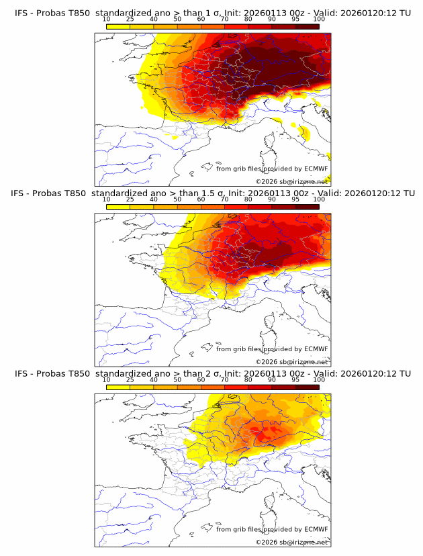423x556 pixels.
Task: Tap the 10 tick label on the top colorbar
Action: pos(107,19)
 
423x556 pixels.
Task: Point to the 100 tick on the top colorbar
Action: pos(319,19)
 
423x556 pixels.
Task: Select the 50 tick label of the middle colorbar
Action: pos(177,199)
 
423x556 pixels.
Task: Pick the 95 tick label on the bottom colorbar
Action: pos(295,379)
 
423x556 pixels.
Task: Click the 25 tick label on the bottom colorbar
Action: pos(130,379)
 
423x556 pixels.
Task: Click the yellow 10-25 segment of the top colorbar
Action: pos(118,26)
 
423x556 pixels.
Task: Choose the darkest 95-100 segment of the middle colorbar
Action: pos(307,206)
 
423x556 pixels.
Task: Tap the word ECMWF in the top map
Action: pos(316,169)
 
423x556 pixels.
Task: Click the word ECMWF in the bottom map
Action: pos(316,530)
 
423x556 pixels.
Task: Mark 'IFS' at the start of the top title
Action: pos(21,13)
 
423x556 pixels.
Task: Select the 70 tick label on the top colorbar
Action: pos(225,19)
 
